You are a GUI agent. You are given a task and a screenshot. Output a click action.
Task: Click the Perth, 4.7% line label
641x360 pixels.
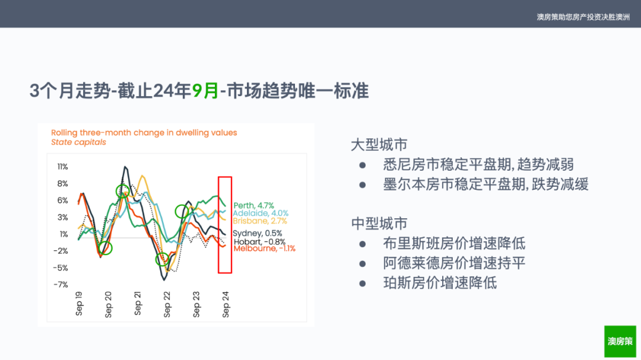[x=253, y=206]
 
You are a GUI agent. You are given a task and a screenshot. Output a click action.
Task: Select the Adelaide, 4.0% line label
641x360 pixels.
[x=261, y=214]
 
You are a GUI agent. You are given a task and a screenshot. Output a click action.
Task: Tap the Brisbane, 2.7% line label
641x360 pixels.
[x=260, y=221]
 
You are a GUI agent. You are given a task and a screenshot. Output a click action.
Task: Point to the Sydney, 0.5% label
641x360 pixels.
[x=257, y=233]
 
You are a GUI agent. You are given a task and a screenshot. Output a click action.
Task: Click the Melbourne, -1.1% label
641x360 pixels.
[x=264, y=249]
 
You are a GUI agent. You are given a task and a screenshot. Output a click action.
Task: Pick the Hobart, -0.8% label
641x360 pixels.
[x=259, y=242]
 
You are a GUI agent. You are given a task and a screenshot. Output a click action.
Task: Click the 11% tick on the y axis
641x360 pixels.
[x=62, y=167]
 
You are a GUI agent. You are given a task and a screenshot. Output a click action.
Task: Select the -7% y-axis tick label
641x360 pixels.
[x=61, y=285]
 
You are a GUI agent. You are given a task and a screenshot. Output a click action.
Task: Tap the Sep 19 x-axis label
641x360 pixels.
[x=80, y=304]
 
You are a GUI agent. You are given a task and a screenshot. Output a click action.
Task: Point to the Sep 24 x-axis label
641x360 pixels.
[x=226, y=304]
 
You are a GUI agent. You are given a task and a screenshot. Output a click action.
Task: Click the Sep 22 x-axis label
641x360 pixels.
[x=167, y=304]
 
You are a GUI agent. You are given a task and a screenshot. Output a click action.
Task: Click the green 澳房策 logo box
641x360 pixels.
[x=620, y=342]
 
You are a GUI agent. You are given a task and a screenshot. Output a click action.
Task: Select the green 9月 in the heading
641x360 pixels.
[x=205, y=91]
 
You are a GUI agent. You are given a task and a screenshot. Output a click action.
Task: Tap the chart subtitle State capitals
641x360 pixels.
[x=78, y=142]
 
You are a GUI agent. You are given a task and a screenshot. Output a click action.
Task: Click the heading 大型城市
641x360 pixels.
[x=379, y=145]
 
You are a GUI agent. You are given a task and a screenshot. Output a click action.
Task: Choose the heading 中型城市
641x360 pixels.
[x=379, y=224]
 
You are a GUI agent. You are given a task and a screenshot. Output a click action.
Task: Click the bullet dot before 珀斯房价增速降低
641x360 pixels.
[x=363, y=283]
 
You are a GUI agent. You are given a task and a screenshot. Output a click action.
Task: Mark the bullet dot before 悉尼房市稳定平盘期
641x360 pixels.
[x=363, y=165]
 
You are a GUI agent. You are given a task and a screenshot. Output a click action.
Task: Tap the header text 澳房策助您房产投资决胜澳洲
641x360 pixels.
[x=583, y=17]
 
